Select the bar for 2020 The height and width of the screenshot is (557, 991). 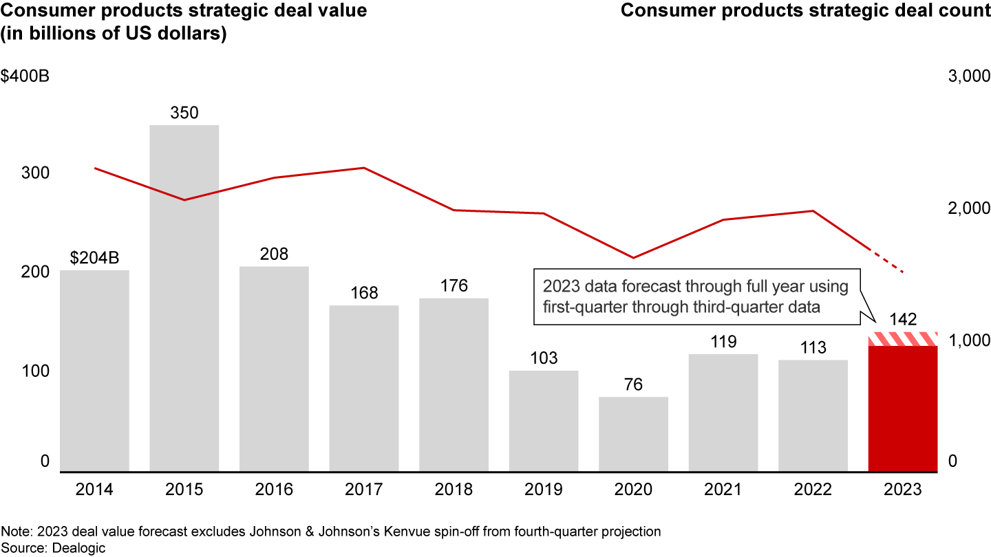(633, 434)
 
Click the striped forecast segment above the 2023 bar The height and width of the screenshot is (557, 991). (903, 339)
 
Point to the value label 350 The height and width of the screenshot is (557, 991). (184, 113)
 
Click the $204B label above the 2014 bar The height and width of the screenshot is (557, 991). (94, 258)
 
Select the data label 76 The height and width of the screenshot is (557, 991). (633, 384)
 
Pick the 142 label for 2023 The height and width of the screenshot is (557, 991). (903, 320)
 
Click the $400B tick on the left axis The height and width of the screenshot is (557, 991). (25, 76)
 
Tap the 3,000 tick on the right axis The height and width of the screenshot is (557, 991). (968, 76)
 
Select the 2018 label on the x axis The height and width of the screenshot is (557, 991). (454, 490)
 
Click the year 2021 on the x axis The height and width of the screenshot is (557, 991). (723, 490)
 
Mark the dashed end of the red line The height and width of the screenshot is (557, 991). (888, 261)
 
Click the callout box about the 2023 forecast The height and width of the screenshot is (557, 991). (695, 296)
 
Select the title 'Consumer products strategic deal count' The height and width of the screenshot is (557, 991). (805, 11)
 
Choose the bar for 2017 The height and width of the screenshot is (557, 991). (364, 389)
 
